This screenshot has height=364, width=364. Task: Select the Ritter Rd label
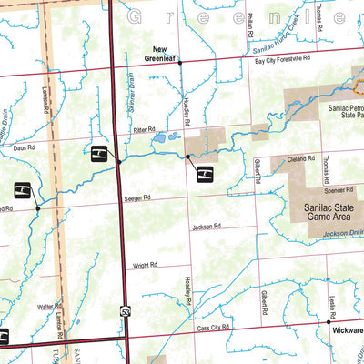pyautogui.click(x=146, y=129)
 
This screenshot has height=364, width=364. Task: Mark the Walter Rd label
pyautogui.click(x=49, y=308)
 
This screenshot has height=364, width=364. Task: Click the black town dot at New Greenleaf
pyautogui.click(x=180, y=63)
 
